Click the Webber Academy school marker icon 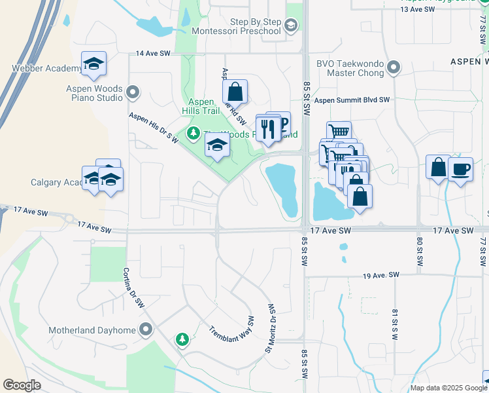coord(94,64)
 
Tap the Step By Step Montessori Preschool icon coord(292,26)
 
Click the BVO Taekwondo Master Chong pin coord(394,67)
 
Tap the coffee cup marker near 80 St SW coord(461,168)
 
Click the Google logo coord(22,385)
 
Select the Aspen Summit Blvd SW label coord(352,100)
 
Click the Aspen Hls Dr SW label coord(154,125)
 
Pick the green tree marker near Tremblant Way coord(182,339)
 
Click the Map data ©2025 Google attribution coord(447,387)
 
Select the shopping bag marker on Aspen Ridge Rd coord(235,92)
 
